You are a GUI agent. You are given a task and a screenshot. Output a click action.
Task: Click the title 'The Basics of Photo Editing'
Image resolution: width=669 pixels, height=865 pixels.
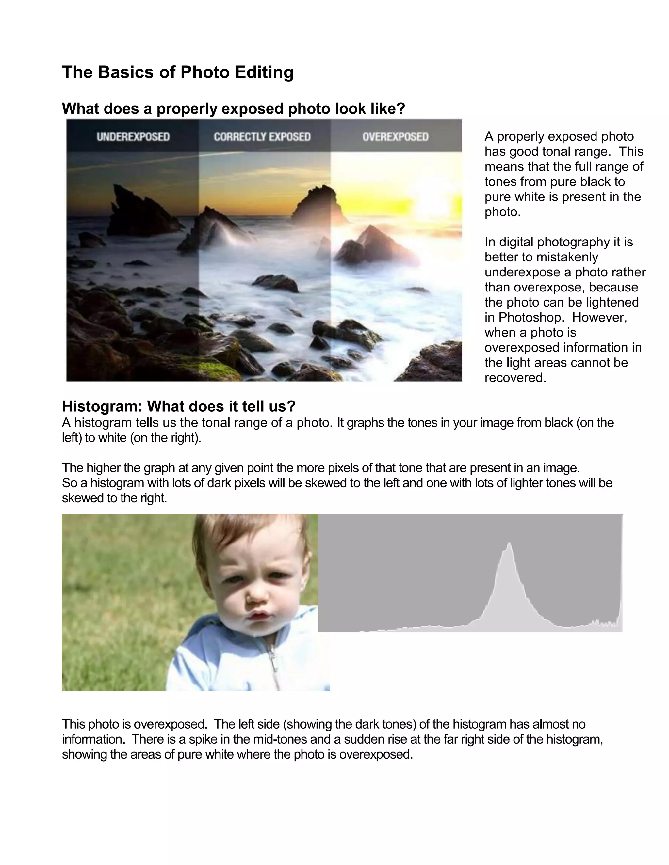click(x=178, y=72)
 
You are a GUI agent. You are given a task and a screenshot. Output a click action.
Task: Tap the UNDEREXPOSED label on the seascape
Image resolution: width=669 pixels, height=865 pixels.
click(x=133, y=137)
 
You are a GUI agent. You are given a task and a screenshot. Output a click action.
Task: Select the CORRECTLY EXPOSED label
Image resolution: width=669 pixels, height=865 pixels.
click(x=262, y=137)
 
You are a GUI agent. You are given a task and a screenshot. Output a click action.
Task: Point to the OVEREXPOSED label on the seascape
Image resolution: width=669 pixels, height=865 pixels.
click(x=395, y=137)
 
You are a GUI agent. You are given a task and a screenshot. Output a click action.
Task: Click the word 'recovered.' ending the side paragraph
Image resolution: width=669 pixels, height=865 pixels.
click(x=515, y=377)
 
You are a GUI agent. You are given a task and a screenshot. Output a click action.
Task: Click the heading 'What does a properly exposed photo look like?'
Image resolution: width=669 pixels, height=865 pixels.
click(x=234, y=108)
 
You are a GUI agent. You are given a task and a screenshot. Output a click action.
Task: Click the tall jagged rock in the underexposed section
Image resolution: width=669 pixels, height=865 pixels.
click(x=131, y=210)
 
